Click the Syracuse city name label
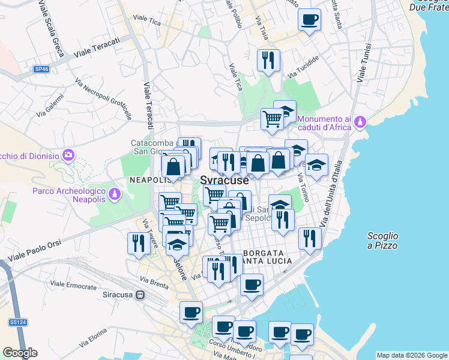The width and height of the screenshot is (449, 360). [x=224, y=181]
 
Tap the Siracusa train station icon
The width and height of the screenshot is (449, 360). [x=140, y=295]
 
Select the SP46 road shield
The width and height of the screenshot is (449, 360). [x=41, y=70]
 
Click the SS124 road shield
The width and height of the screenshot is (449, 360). [x=17, y=322]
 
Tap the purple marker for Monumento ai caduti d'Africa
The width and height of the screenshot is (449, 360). [x=360, y=122]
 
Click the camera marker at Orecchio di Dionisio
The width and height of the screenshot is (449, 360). [x=68, y=156]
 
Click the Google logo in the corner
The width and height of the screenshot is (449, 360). [x=20, y=353]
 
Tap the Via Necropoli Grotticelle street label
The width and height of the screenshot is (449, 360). [x=103, y=99]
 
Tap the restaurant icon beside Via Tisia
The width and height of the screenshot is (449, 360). [x=268, y=60]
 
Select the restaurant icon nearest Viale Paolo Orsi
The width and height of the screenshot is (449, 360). [x=137, y=243]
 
